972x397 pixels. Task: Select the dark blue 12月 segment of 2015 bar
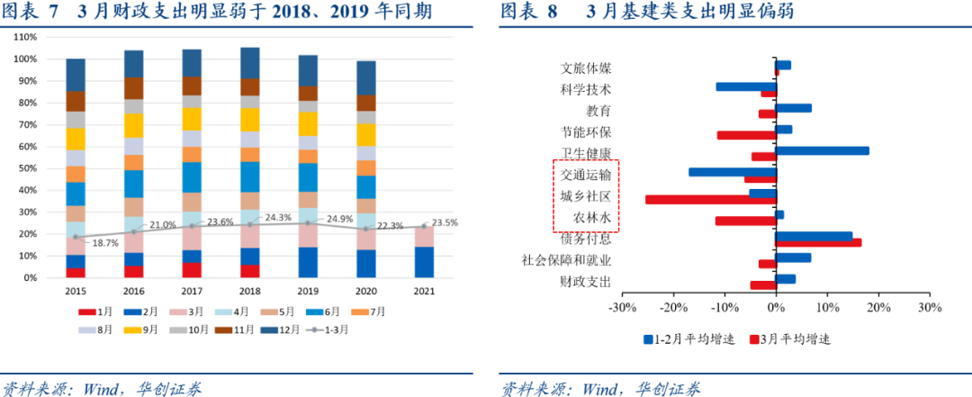[76, 75]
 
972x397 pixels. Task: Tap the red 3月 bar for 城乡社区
[710, 199]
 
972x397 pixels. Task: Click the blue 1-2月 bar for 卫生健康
[822, 150]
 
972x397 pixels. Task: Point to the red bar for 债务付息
[818, 242]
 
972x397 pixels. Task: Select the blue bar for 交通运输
[732, 172]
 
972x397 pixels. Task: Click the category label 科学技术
[585, 89]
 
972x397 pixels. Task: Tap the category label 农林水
[592, 218]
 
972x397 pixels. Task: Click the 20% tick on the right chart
[878, 307]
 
